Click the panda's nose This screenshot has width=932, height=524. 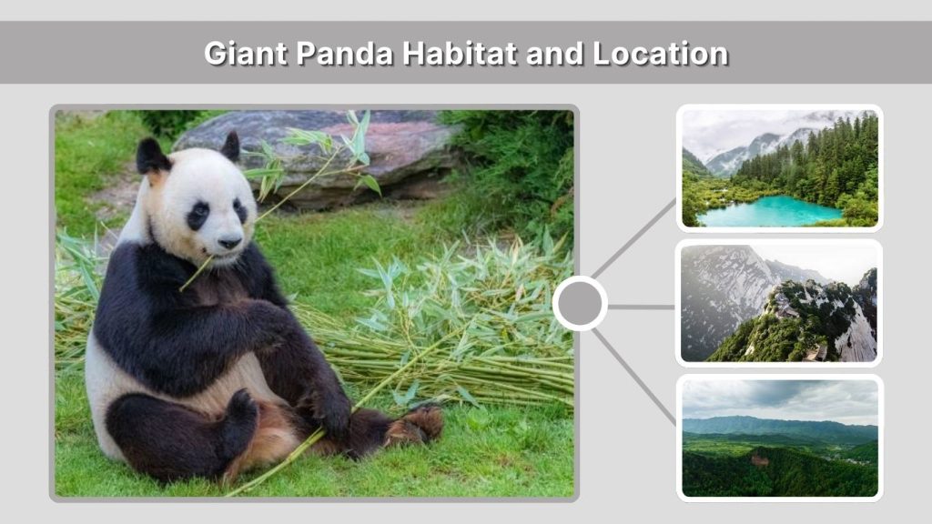pyautogui.click(x=229, y=241)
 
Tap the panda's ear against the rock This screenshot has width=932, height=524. pyautogui.click(x=230, y=146)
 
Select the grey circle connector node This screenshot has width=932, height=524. pyautogui.click(x=580, y=304)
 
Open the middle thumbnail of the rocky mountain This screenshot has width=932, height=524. pyautogui.click(x=779, y=303)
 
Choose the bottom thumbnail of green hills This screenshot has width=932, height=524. pyautogui.click(x=779, y=438)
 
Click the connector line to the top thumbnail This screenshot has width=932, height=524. pyautogui.click(x=635, y=238)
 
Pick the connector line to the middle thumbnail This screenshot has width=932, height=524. pyautogui.click(x=641, y=307)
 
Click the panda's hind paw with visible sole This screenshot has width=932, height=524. pyautogui.click(x=416, y=424)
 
